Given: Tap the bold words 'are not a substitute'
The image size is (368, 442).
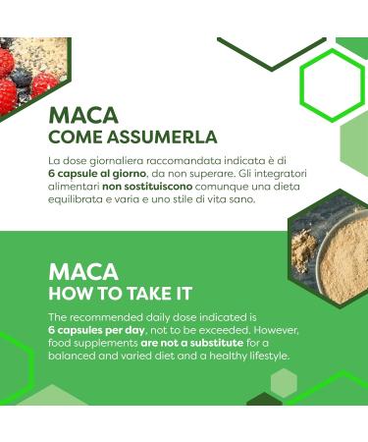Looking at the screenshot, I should [x=178, y=345].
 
